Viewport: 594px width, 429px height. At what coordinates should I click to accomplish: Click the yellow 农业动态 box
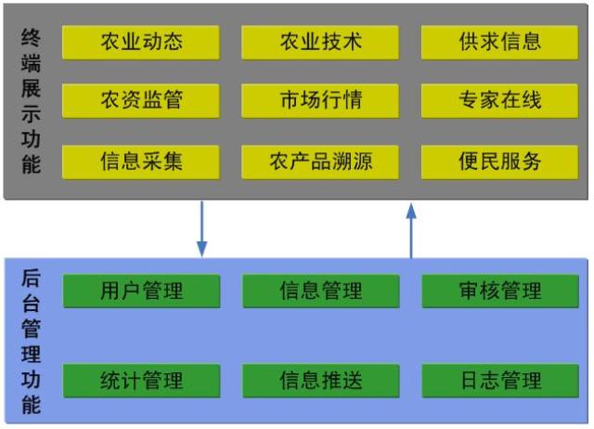pyautogui.click(x=141, y=42)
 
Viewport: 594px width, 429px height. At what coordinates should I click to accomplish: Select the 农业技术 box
pyautogui.click(x=320, y=42)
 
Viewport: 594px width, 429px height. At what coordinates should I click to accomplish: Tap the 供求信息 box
pyautogui.click(x=499, y=42)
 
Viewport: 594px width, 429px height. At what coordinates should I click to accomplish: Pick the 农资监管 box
pyautogui.click(x=141, y=100)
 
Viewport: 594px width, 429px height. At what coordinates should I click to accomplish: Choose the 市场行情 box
pyautogui.click(x=320, y=100)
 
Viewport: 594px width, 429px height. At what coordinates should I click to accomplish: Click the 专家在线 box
pyautogui.click(x=499, y=100)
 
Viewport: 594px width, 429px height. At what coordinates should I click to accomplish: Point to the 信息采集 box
pyautogui.click(x=141, y=162)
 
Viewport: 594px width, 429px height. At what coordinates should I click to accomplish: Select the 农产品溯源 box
pyautogui.click(x=320, y=162)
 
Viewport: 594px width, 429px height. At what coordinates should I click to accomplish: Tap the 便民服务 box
pyautogui.click(x=499, y=162)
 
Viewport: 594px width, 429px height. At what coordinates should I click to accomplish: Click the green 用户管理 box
pyautogui.click(x=141, y=291)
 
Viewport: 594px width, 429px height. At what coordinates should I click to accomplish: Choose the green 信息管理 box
pyautogui.click(x=320, y=291)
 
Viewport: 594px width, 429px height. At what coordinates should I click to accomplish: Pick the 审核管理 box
pyautogui.click(x=499, y=291)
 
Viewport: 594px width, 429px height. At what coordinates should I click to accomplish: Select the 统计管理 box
pyautogui.click(x=141, y=381)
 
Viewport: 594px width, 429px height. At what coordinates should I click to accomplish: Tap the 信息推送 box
pyautogui.click(x=320, y=381)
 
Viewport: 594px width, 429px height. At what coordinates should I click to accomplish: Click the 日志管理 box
pyautogui.click(x=499, y=381)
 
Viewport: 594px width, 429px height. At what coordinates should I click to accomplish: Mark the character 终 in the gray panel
pyautogui.click(x=31, y=40)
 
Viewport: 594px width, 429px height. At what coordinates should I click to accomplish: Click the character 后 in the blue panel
pyautogui.click(x=31, y=279)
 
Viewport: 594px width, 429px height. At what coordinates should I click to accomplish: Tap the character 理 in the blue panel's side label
pyautogui.click(x=31, y=354)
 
